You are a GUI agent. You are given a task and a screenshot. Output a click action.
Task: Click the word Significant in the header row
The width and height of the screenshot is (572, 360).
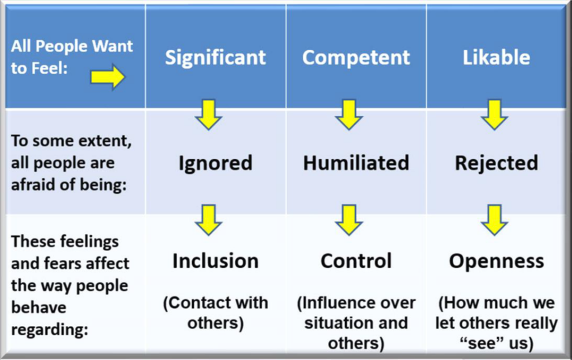coord(215,58)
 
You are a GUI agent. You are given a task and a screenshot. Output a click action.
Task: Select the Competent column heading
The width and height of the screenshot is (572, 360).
coord(356,58)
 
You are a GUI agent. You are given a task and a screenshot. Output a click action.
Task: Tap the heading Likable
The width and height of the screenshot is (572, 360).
coord(496,58)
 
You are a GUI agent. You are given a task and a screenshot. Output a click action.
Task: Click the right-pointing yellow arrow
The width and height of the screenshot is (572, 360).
coord(108,78)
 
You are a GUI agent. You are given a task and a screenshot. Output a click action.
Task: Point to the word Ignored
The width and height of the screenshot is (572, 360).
coord(215,163)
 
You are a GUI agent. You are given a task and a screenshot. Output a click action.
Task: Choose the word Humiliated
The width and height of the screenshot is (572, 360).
coord(356,163)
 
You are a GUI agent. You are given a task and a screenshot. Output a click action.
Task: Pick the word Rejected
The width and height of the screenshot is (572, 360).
coord(496,163)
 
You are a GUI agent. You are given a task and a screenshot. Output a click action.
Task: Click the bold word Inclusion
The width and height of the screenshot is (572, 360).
coord(215,260)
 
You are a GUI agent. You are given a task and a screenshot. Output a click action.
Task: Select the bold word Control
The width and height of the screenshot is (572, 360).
coord(356,260)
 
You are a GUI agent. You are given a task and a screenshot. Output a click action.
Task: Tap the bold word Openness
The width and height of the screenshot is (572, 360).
coord(496,260)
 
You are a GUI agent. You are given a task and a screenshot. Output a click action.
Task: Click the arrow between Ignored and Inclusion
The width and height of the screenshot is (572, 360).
coord(209,219)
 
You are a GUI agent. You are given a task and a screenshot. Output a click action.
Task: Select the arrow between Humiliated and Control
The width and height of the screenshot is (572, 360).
coord(349,219)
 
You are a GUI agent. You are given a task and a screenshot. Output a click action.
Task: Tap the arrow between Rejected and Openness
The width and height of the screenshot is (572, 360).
coord(494,219)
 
